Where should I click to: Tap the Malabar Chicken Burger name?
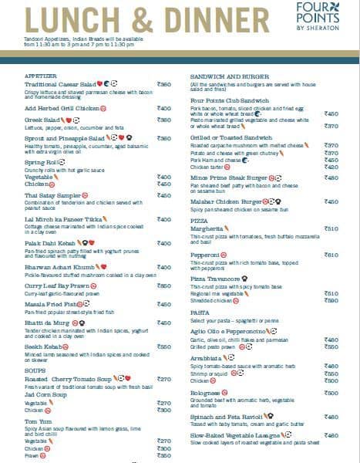point(229,201)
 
